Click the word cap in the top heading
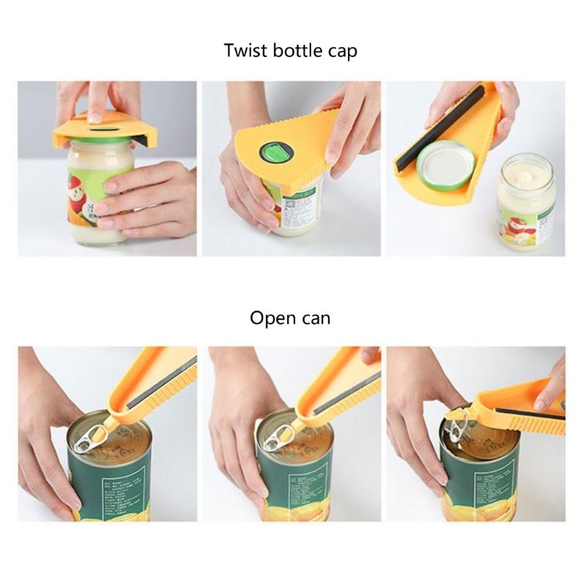(342, 52)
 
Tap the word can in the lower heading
(317, 319)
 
